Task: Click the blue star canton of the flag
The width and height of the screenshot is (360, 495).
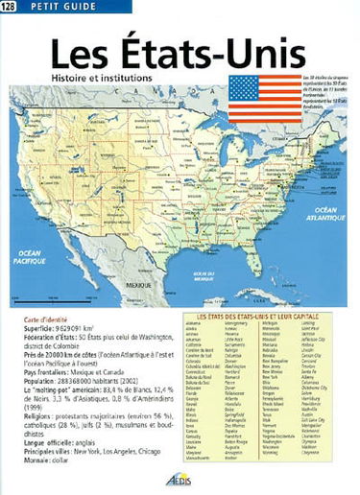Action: pyautogui.click(x=244, y=88)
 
